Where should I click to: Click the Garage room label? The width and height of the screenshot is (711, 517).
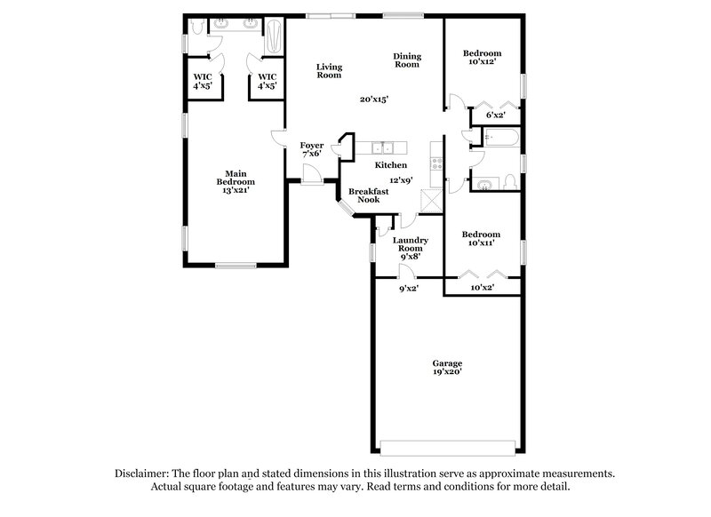click(x=447, y=363)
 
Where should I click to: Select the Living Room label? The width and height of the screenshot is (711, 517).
click(x=329, y=71)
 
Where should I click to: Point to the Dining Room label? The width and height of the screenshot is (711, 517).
click(x=407, y=60)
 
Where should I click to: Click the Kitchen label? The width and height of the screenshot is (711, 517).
click(x=391, y=165)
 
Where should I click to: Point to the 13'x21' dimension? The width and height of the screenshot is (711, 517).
click(x=235, y=189)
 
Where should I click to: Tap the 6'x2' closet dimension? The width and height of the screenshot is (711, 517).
click(x=495, y=115)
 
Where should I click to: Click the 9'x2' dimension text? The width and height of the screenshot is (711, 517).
click(x=408, y=288)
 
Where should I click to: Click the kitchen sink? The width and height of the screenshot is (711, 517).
click(x=385, y=147)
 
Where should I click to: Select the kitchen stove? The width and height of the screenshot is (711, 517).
click(x=435, y=163)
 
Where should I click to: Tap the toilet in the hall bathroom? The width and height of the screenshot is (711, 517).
click(x=509, y=182)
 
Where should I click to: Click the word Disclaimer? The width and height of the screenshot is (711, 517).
click(x=142, y=474)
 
